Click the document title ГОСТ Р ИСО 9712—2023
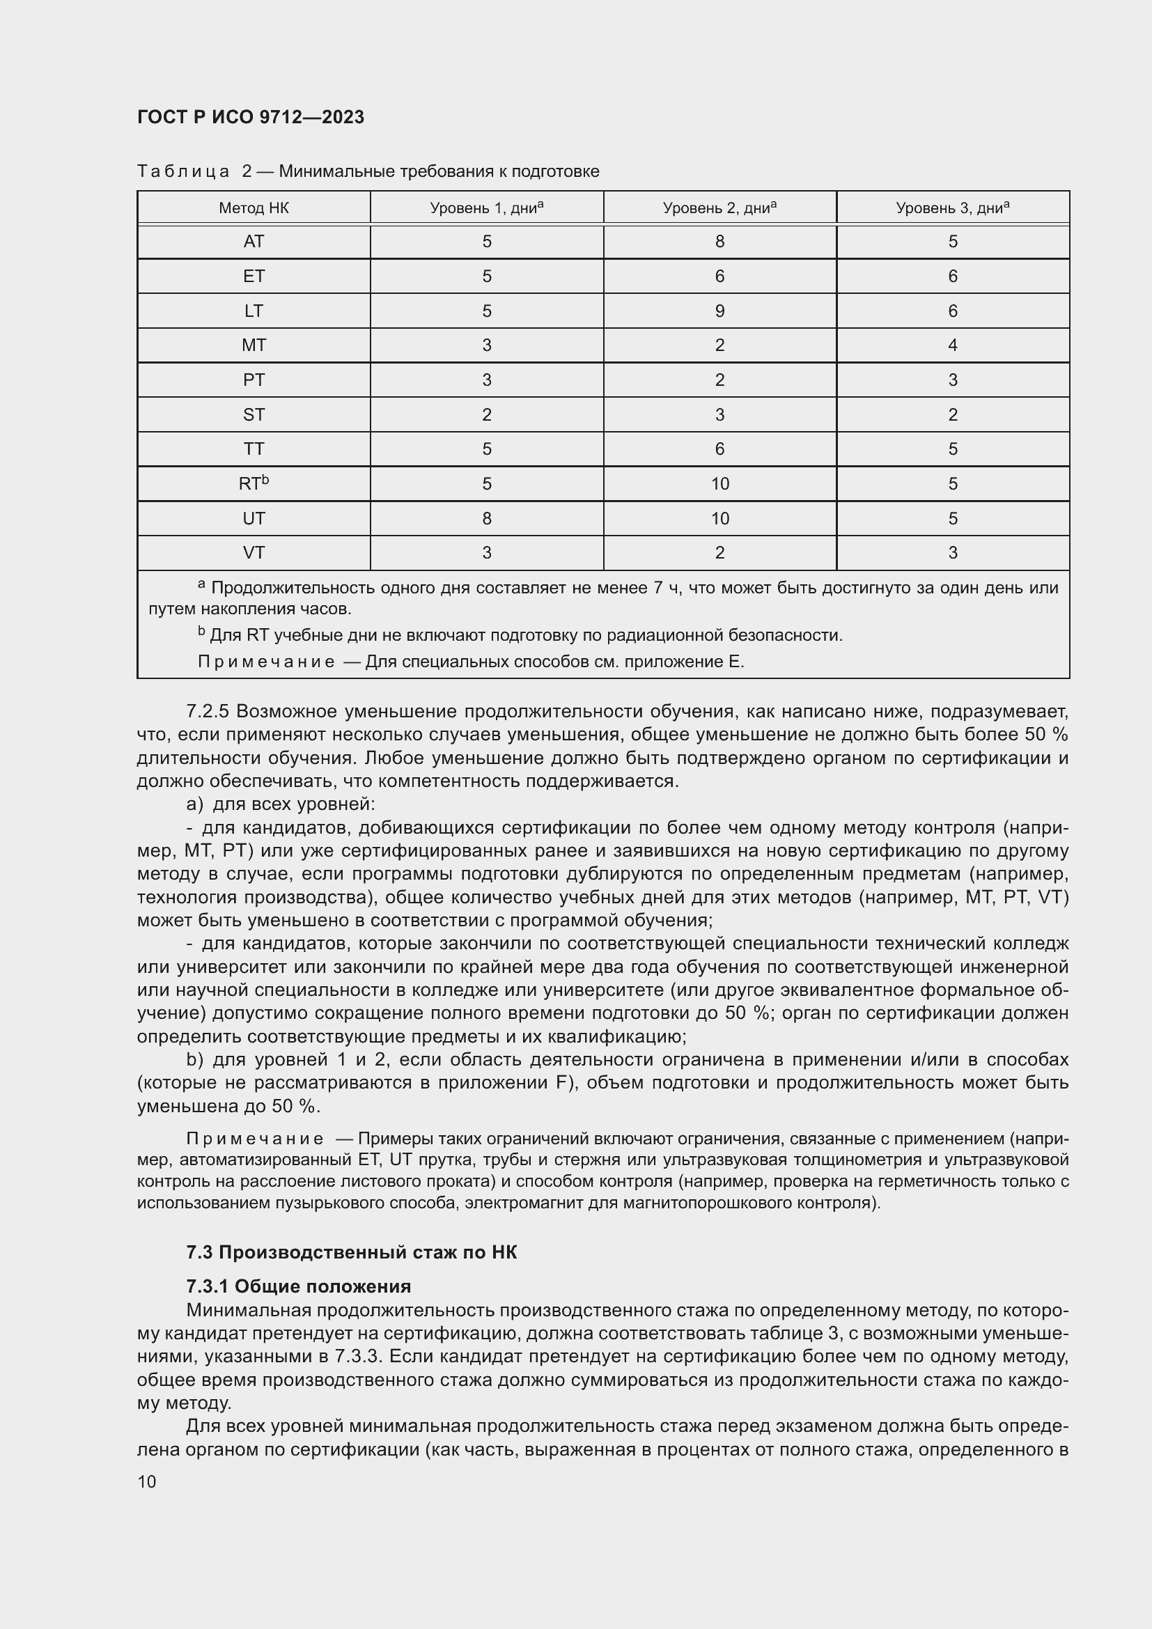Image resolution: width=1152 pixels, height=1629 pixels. pyautogui.click(x=251, y=117)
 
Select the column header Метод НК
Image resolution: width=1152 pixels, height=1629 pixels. pyautogui.click(x=254, y=208)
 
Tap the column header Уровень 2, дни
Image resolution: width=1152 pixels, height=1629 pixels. pyautogui.click(x=719, y=208)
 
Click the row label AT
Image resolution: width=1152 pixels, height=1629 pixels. pyautogui.click(x=254, y=242)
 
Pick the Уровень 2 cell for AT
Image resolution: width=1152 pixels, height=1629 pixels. pyautogui.click(x=719, y=242)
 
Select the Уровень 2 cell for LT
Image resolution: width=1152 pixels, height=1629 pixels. pyautogui.click(x=719, y=311)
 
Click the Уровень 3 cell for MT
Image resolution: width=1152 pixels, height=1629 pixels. pyautogui.click(x=952, y=345)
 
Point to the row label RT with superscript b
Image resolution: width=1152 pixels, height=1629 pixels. pyautogui.click(x=254, y=484)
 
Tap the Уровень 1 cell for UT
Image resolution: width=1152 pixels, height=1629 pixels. pyautogui.click(x=487, y=519)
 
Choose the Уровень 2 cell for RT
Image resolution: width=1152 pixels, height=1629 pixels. pyautogui.click(x=719, y=484)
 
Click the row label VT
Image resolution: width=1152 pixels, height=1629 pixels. pyautogui.click(x=254, y=553)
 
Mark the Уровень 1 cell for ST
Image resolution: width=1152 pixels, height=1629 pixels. pyautogui.click(x=487, y=415)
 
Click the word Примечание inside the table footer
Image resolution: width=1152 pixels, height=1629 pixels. pyautogui.click(x=265, y=662)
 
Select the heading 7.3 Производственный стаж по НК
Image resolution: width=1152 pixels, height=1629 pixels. pyautogui.click(x=351, y=1252)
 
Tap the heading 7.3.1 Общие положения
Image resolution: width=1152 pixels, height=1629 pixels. pyautogui.click(x=298, y=1286)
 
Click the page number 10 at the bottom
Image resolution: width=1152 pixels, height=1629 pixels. pyautogui.click(x=147, y=1481)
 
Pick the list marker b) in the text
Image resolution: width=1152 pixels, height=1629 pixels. pyautogui.click(x=194, y=1059)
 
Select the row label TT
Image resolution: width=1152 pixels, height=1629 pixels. pyautogui.click(x=254, y=449)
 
